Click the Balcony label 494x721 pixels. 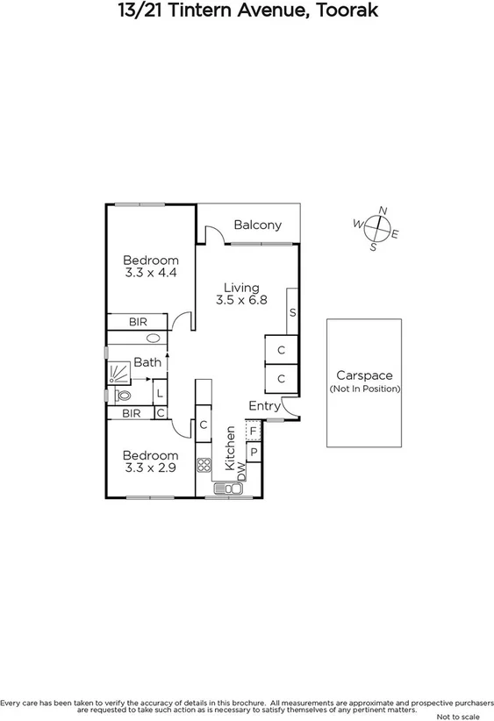tap(258, 225)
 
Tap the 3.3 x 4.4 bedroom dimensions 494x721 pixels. tap(151, 274)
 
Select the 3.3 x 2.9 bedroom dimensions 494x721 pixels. tap(151, 469)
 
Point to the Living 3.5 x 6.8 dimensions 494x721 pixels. tap(241, 300)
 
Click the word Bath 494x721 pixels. tap(147, 361)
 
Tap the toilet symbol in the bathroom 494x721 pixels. tap(122, 396)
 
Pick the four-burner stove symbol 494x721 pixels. tap(204, 466)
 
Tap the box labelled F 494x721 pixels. tap(253, 432)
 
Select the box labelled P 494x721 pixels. tap(253, 453)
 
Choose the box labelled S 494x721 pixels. tap(292, 313)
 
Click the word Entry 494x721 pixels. tap(264, 405)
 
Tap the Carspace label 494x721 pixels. tap(364, 375)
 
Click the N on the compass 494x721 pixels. tap(382, 211)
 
